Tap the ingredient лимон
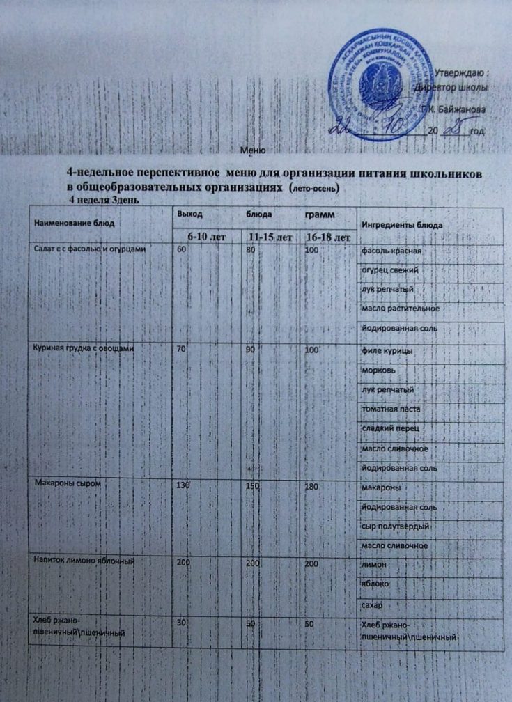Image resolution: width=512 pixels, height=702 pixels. pyautogui.click(x=375, y=563)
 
